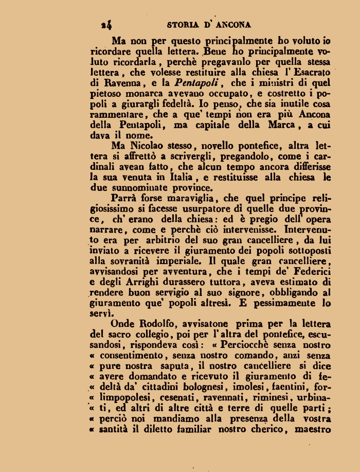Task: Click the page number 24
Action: (107, 25)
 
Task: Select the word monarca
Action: (146, 93)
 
